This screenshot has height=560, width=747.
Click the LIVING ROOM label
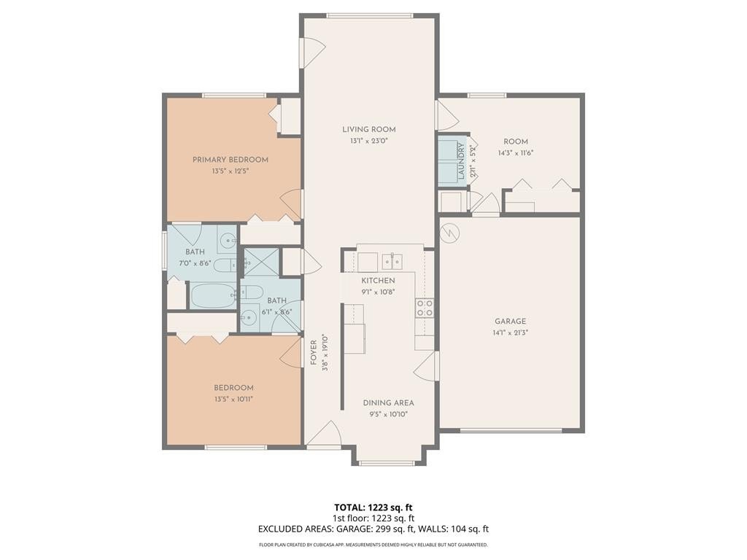[368, 129]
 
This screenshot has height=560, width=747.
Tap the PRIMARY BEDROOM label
[230, 160]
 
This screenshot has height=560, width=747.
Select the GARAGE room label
[510, 322]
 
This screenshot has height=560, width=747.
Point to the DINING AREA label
[388, 402]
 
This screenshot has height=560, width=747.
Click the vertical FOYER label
[314, 352]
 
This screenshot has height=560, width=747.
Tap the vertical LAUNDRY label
[461, 161]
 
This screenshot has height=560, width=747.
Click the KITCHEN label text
[378, 281]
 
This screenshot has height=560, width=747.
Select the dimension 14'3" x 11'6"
[516, 153]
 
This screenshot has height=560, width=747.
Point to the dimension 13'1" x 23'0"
[368, 141]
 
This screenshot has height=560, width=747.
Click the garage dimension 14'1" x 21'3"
[510, 332]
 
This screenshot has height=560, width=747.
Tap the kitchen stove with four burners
[425, 308]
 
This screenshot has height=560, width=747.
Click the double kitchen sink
[392, 262]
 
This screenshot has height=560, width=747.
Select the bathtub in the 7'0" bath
[213, 295]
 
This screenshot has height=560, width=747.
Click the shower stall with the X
[260, 262]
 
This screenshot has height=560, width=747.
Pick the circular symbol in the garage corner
[449, 233]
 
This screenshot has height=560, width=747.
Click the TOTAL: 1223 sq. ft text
[370, 507]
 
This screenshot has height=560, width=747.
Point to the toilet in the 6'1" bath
[252, 293]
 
